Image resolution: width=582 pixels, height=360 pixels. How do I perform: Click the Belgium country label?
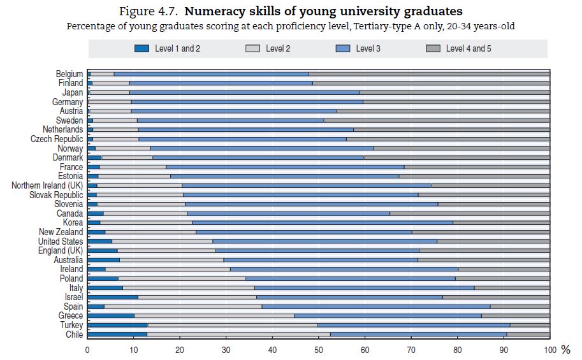69,74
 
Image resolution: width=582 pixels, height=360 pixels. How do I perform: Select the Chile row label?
74,335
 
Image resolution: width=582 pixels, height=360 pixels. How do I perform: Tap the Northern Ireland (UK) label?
47,185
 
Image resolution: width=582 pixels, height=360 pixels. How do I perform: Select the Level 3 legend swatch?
343,48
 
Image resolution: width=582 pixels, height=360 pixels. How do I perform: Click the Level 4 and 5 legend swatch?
433,48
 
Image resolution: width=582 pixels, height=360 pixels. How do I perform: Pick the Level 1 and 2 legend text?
178,48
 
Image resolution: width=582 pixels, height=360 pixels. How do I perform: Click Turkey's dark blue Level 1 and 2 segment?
117,325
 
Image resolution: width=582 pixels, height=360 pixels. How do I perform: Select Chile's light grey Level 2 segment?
238,335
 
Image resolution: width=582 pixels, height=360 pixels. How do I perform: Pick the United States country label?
61,241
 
